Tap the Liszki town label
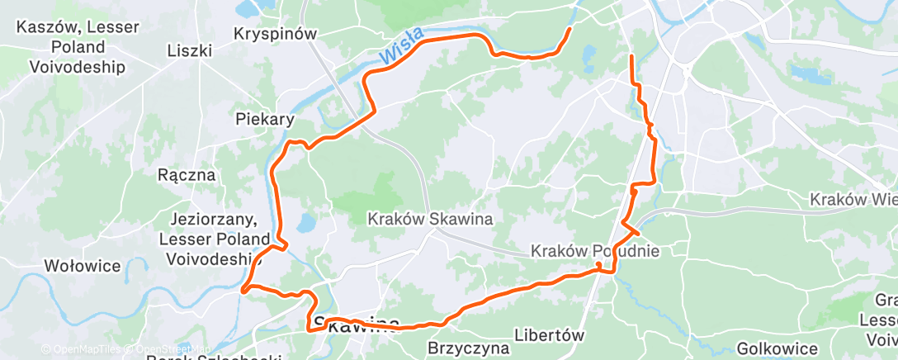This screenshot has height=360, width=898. click(190, 51)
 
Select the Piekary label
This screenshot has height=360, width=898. click(264, 119)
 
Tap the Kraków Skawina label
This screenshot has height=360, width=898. click(430, 220)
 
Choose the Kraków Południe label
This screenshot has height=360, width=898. click(596, 250)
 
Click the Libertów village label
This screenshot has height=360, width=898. click(549, 336)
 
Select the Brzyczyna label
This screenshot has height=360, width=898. click(468, 348)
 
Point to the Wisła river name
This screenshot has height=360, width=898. click(403, 46)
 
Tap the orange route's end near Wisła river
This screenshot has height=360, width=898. click(570, 31)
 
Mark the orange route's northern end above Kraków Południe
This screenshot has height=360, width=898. click(631, 56)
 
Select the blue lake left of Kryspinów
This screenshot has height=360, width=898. click(246, 10)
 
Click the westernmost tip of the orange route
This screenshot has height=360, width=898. click(243, 290)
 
